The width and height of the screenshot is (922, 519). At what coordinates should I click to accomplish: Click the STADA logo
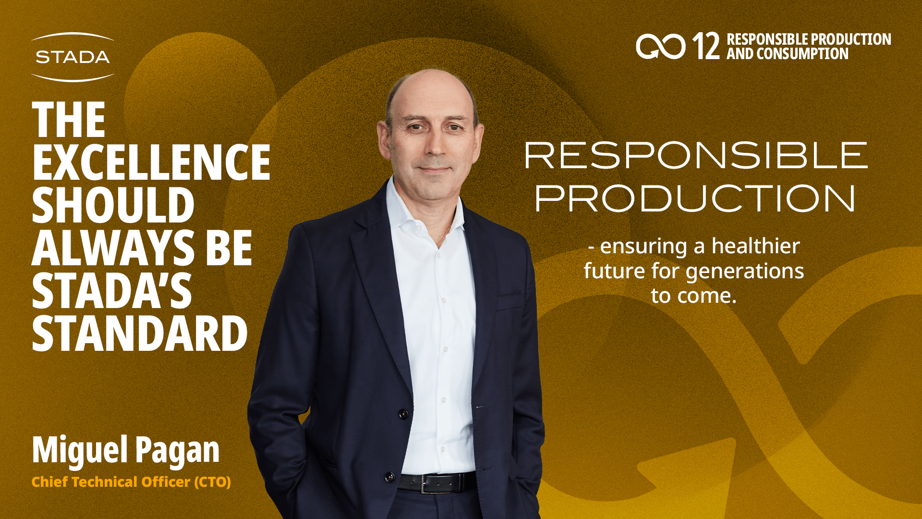coord(73,57)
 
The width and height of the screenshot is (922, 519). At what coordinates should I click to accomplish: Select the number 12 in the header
coord(705,46)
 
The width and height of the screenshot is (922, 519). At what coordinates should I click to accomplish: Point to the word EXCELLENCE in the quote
coord(151,162)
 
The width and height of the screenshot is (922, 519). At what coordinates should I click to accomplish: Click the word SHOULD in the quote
coord(113,205)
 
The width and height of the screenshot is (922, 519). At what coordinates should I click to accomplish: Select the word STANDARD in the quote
coord(140,334)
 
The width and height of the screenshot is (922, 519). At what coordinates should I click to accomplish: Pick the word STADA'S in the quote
coord(112,291)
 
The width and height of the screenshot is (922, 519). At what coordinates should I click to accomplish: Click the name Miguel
coord(80,450)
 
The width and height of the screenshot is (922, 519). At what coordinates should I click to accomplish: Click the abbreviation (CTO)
coord(212,482)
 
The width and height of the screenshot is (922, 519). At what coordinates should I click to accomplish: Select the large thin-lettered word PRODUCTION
coord(695,198)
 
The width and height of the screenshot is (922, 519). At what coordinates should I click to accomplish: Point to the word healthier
coord(755,246)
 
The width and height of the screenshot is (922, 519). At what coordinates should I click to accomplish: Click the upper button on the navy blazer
coord(403,413)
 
